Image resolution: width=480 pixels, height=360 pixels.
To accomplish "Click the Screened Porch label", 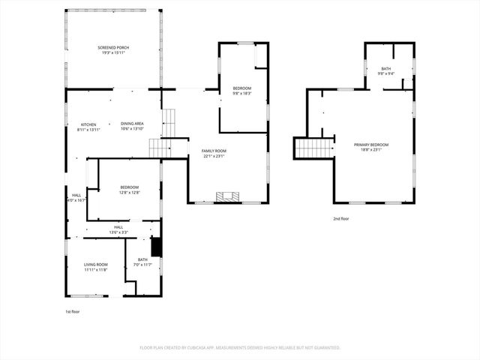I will [x=112, y=47].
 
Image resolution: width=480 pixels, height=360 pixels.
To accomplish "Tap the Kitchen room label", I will [x=88, y=124].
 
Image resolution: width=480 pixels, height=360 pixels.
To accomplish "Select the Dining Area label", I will [x=132, y=124].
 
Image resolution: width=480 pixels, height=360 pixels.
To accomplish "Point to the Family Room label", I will [x=214, y=151].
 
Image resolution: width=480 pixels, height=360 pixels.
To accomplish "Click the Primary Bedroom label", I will [x=372, y=145].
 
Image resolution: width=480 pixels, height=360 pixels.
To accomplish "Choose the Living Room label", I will [x=95, y=264].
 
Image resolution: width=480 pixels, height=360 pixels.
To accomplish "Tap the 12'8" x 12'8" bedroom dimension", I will [x=130, y=193].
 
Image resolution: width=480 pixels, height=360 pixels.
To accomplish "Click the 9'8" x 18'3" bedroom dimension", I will [x=241, y=94].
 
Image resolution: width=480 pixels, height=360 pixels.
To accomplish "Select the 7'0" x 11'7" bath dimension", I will [x=142, y=265].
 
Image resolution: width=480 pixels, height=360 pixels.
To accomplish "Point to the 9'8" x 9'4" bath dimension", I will [x=385, y=73].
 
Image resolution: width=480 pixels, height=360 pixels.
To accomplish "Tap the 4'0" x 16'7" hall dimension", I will [x=76, y=200].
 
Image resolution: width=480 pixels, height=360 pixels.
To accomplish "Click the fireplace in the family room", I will [x=228, y=197].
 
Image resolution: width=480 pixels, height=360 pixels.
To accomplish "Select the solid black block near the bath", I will [x=156, y=247].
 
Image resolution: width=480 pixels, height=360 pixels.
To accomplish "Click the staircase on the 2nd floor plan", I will [x=313, y=148].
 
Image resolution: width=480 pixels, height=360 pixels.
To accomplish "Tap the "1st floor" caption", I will [x=73, y=310].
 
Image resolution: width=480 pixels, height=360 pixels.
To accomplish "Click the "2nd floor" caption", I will [x=341, y=219].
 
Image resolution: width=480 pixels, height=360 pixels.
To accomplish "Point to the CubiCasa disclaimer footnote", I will [x=240, y=347].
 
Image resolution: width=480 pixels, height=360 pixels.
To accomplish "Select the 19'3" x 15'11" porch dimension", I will [x=112, y=52].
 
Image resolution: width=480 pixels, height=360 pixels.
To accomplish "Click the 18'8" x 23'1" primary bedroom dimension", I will [x=372, y=150].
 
